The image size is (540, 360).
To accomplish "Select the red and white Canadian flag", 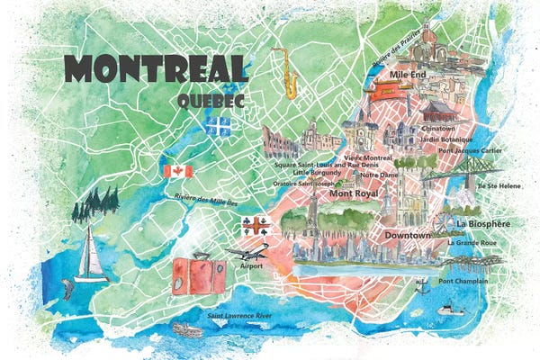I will (176, 171).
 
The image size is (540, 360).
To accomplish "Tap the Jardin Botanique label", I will (448, 139).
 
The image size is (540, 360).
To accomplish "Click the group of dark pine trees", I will (96, 205).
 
